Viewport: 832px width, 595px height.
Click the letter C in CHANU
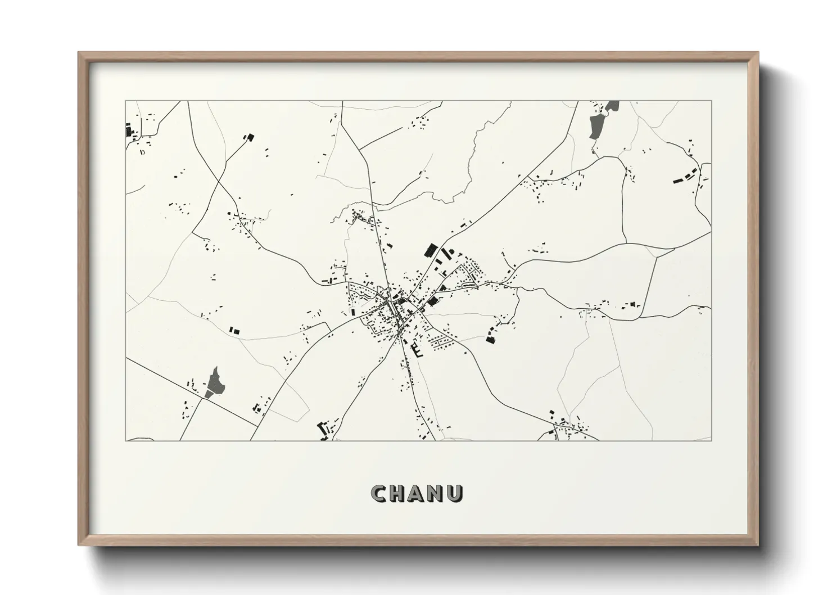[378, 494]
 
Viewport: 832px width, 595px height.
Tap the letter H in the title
[398, 494]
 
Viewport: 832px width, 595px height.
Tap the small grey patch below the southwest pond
[209, 394]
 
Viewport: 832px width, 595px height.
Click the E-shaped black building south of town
[418, 350]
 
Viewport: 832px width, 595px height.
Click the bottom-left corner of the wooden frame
[79, 545]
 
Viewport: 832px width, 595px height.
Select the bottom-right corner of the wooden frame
[758, 545]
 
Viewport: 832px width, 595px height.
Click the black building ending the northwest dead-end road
[248, 137]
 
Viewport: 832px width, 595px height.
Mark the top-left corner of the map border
[126, 101]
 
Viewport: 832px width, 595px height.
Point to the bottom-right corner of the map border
[712, 440]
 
